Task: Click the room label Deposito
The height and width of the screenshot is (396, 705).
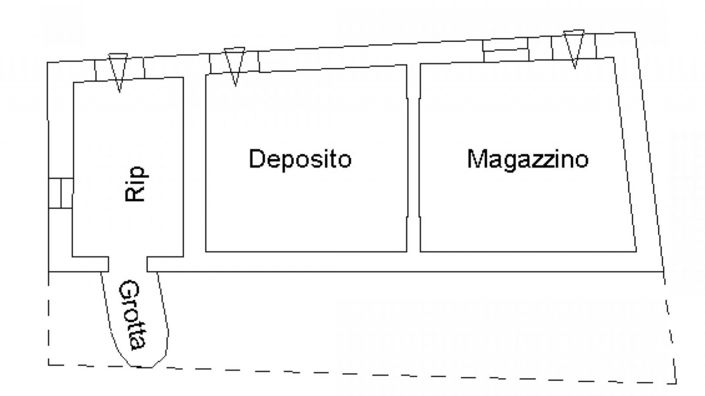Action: pos(301,159)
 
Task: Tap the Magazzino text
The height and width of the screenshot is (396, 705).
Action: pos(527,159)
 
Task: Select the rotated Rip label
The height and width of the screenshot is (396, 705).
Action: pos(136,183)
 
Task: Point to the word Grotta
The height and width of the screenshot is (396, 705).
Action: pos(134,319)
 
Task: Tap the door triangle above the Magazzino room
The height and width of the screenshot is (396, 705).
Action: pos(573,48)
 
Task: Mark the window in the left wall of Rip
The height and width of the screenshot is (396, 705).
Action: pos(59,192)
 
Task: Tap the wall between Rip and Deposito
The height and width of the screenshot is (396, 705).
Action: pos(194,165)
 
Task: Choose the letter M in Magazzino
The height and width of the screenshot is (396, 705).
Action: pos(475,159)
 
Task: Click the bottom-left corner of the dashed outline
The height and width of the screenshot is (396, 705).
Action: pos(48,363)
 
